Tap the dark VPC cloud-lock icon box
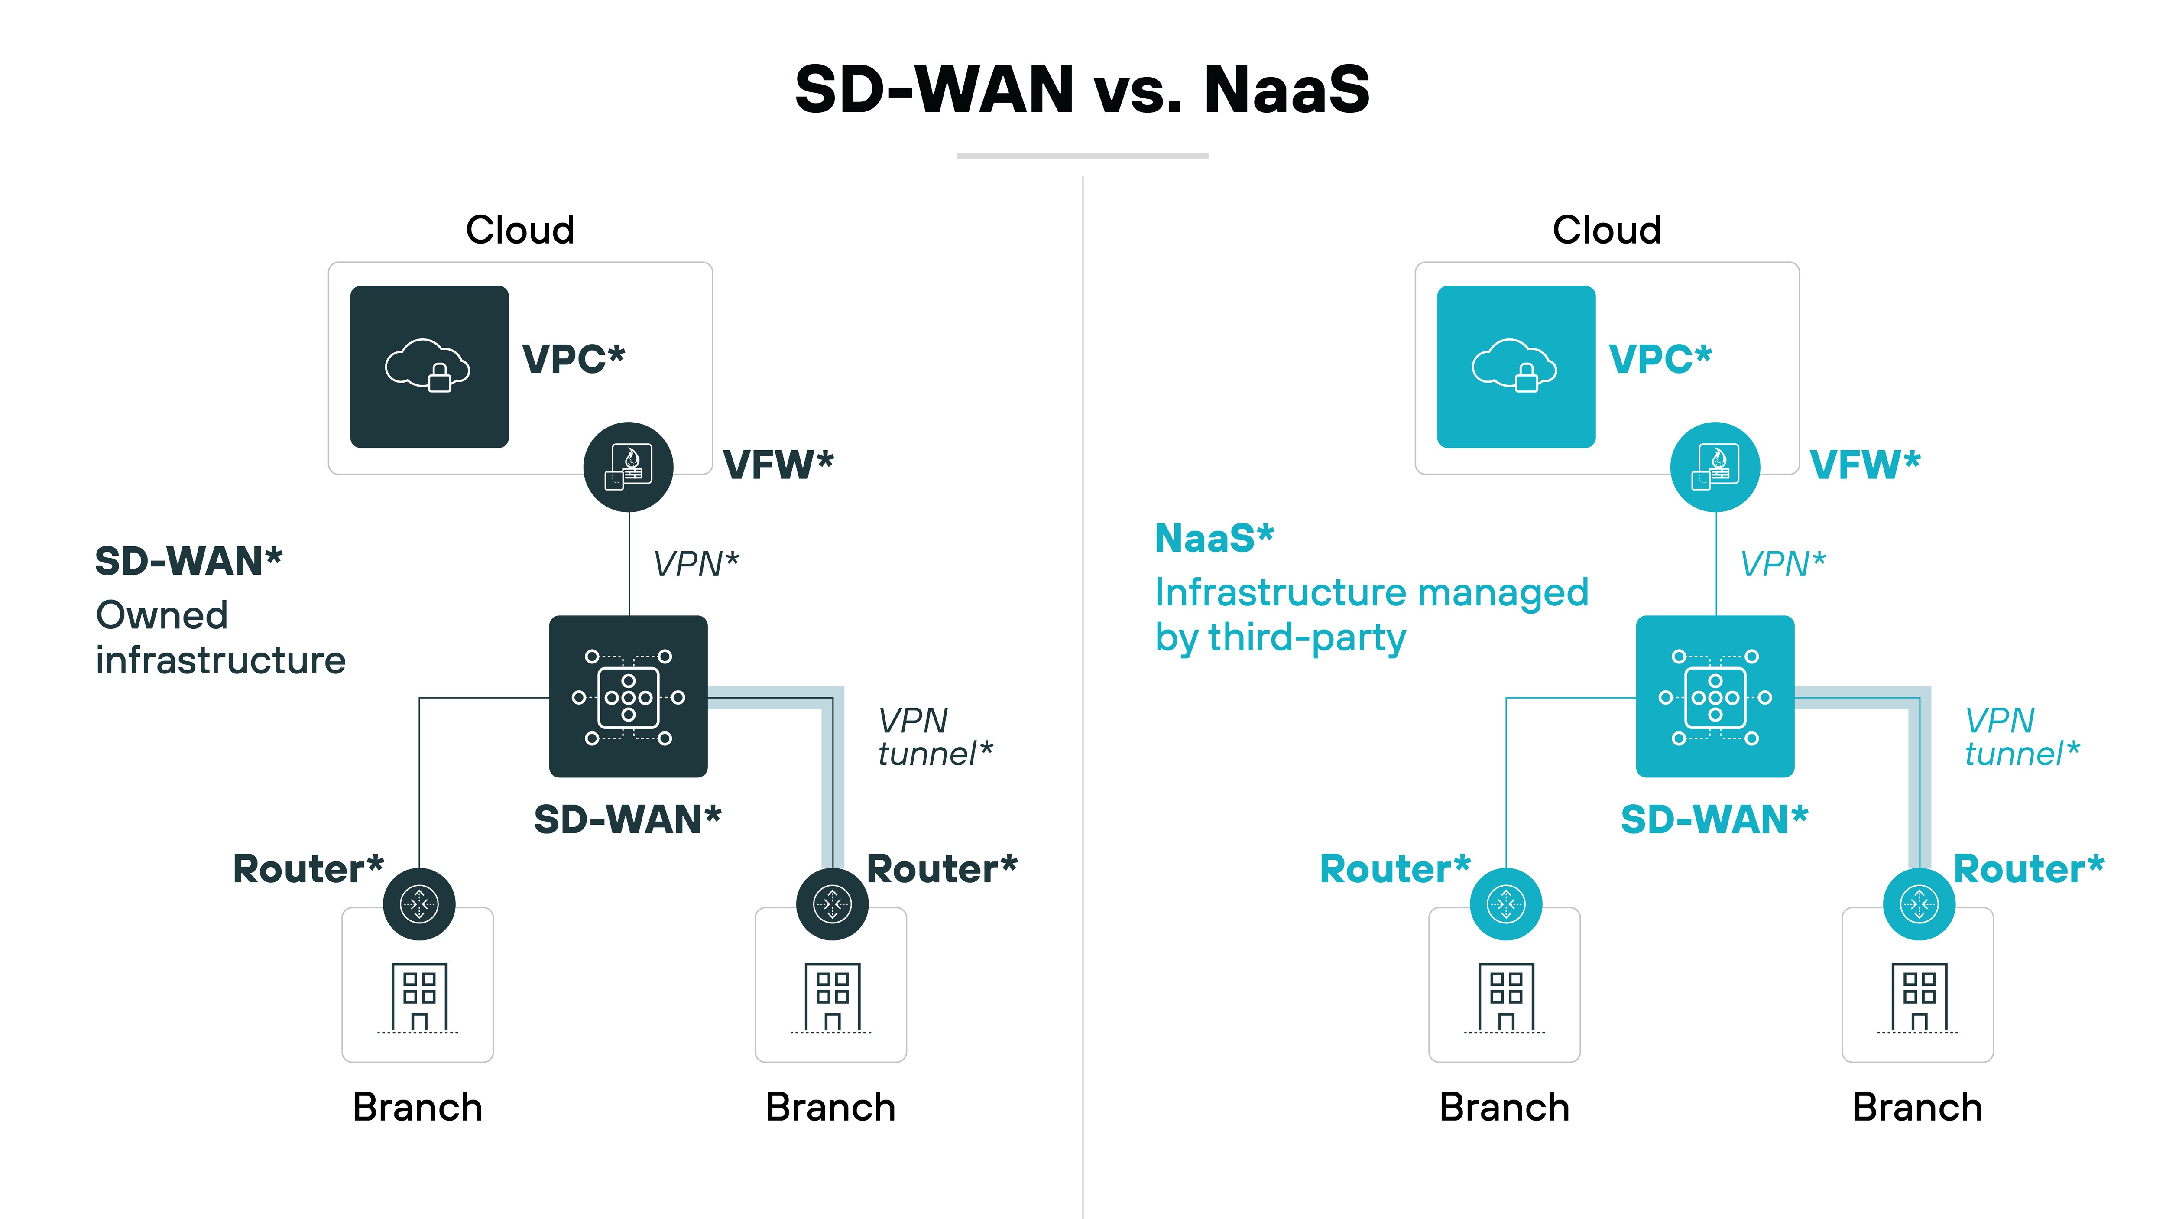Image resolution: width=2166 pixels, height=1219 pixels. (429, 367)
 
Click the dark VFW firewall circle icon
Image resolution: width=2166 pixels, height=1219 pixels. (628, 467)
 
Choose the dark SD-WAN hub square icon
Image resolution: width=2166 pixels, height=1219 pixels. (628, 696)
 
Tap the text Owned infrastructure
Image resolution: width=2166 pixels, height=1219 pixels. (220, 638)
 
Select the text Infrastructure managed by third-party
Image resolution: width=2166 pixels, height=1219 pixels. (1371, 615)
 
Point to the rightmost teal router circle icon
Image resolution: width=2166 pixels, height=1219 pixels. (1919, 904)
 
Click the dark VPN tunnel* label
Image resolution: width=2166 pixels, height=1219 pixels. (934, 737)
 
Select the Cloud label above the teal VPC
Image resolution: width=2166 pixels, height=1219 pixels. (1606, 230)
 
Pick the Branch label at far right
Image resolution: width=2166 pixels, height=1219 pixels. (1917, 1107)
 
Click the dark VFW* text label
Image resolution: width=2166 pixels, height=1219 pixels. (778, 465)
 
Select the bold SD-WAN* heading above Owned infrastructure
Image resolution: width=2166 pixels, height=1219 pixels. (188, 561)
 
